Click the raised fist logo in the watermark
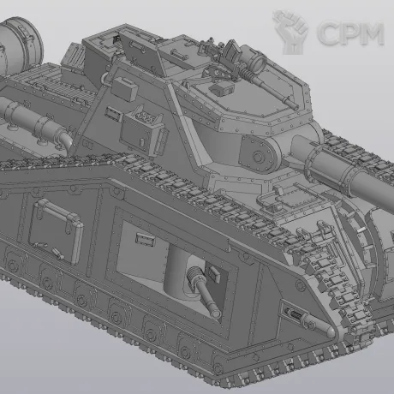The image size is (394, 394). [x=290, y=32]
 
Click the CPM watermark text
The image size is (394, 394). [x=350, y=33]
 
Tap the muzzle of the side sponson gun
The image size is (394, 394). [x=216, y=313]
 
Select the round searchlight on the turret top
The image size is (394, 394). [x=258, y=61]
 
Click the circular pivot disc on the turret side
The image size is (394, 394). [x=258, y=156]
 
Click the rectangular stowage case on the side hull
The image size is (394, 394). [x=56, y=231]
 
